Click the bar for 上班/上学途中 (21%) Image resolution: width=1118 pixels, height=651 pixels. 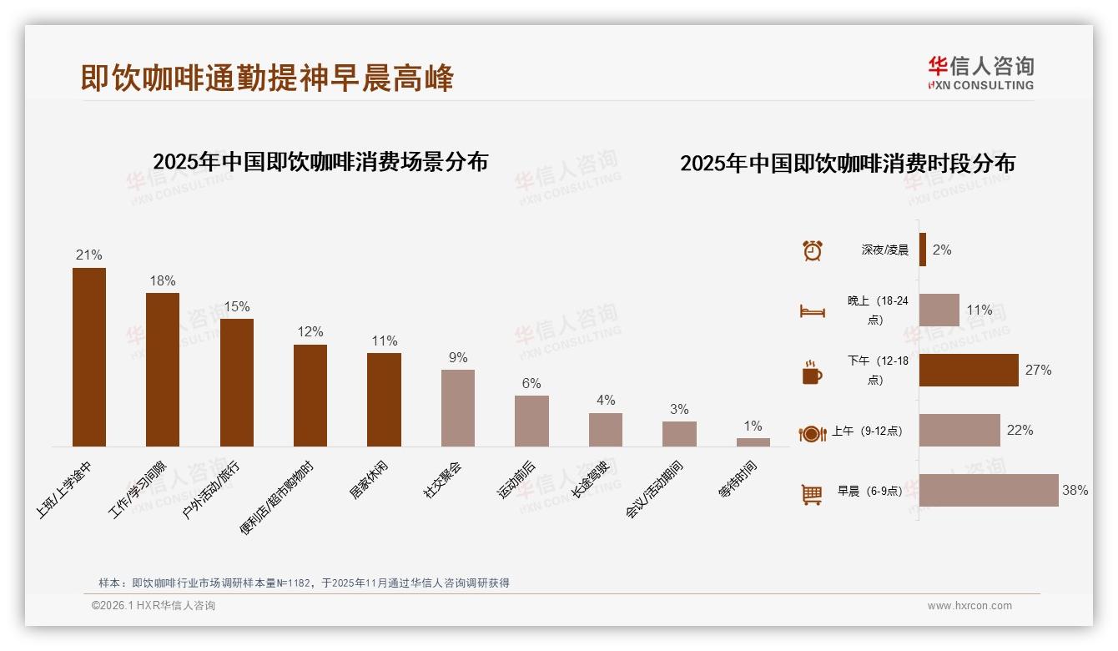89,357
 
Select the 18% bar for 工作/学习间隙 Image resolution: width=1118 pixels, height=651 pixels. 163,370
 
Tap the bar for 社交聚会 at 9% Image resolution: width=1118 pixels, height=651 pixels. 457,408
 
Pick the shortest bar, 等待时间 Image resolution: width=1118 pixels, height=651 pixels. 753,442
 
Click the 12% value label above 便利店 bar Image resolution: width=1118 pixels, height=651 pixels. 310,332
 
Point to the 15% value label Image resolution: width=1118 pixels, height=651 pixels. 236,306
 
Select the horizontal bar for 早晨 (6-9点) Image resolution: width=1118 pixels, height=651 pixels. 988,491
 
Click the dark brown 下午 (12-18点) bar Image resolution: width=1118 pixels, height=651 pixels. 968,370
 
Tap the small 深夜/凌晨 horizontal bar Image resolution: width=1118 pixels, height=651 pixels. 923,250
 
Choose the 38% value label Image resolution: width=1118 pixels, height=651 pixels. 1075,491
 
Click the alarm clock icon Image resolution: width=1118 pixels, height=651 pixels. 812,250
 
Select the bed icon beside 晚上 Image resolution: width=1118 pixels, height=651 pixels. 812,311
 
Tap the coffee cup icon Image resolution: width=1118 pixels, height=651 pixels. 812,372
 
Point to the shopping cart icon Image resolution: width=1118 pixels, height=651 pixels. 812,494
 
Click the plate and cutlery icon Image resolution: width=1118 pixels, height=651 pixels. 812,433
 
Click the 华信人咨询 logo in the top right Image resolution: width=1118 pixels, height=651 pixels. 980,73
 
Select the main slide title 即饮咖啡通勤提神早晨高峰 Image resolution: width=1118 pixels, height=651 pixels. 267,78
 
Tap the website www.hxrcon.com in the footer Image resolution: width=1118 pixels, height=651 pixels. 969,606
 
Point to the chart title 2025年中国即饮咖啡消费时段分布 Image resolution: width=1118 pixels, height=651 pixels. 847,164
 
